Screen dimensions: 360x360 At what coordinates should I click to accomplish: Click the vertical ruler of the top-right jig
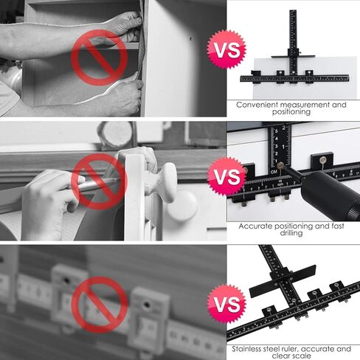(292, 41)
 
